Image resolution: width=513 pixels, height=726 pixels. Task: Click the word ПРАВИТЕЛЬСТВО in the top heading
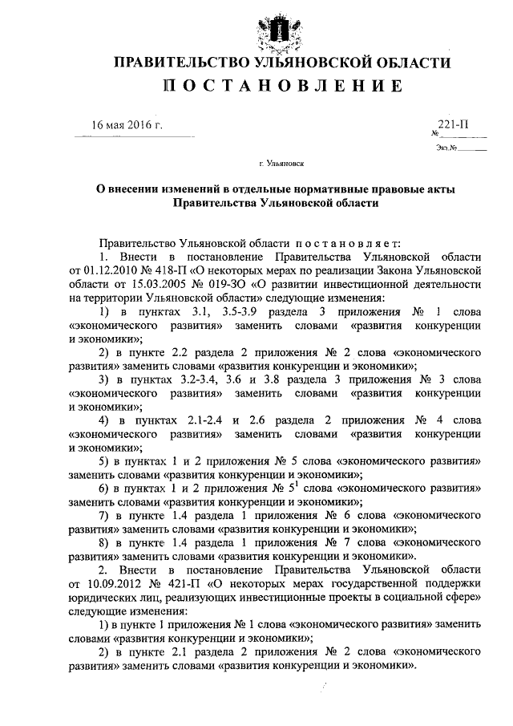point(175,63)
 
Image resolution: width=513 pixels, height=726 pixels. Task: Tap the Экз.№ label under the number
point(447,147)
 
